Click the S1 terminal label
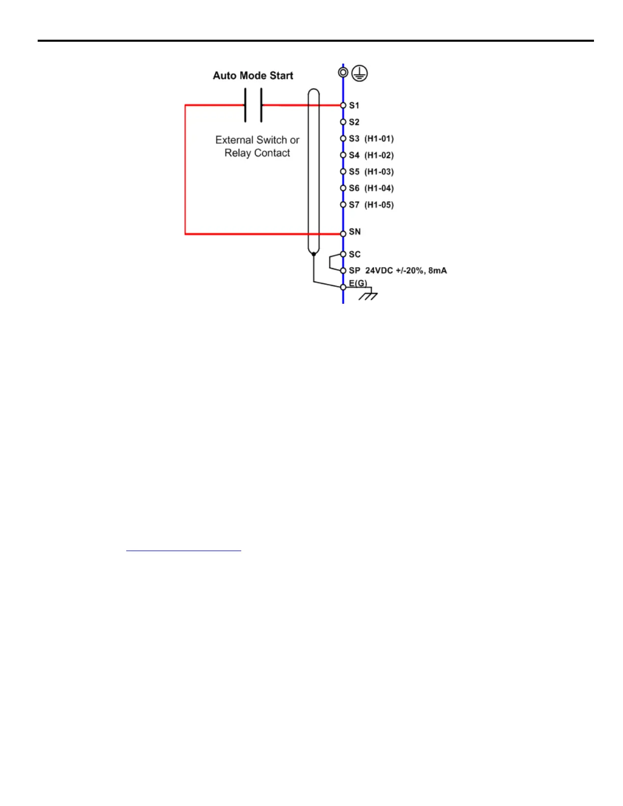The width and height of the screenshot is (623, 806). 354,106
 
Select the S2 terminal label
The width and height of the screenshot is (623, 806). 354,122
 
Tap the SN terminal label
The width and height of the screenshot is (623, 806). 354,232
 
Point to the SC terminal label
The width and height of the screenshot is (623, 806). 354,254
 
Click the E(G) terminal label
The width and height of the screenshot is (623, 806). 358,283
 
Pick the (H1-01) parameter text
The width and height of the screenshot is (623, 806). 379,139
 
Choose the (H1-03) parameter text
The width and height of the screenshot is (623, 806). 379,172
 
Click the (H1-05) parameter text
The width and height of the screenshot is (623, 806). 379,205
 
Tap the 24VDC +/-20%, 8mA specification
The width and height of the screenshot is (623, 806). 406,271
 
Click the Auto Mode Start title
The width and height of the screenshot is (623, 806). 253,76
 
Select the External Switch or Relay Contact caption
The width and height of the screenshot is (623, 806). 257,147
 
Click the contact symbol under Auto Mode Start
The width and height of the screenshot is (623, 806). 253,105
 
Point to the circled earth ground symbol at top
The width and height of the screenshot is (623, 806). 360,73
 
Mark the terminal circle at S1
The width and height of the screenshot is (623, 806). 343,105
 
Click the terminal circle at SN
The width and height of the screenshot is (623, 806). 343,234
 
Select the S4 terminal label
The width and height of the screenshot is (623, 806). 354,155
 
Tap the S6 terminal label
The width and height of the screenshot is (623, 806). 354,188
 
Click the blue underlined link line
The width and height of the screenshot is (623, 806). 183,551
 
